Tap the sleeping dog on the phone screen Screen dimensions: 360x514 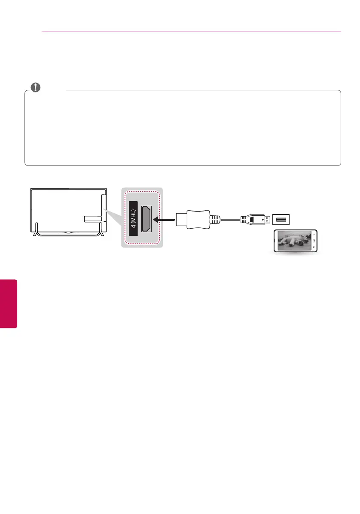[x=295, y=242]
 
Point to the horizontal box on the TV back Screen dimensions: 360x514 [x=91, y=219]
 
